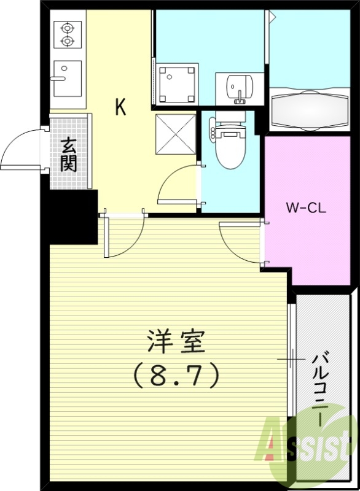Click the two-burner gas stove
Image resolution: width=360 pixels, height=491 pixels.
[67, 34]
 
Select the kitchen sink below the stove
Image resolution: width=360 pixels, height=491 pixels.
[67, 78]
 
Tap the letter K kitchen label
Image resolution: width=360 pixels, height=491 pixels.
[120, 108]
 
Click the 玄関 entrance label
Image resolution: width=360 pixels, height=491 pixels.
[69, 155]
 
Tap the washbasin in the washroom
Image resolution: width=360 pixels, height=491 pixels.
[238, 87]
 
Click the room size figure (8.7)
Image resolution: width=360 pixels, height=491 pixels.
[176, 375]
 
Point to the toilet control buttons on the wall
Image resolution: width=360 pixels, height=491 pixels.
[213, 131]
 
